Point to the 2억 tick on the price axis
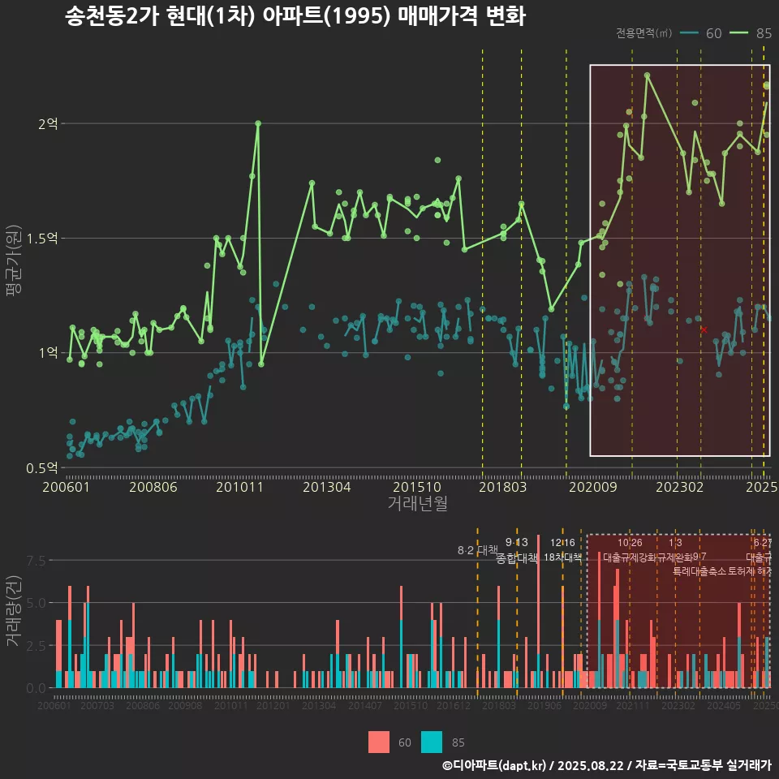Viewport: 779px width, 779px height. click(x=48, y=124)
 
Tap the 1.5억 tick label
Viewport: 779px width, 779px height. click(x=42, y=239)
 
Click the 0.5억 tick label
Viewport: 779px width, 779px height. click(x=42, y=468)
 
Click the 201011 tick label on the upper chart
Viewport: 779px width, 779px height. click(x=239, y=488)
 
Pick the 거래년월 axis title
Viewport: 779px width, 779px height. click(x=417, y=504)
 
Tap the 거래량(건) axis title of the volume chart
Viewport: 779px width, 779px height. click(x=14, y=613)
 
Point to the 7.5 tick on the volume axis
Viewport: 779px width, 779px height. click(x=37, y=561)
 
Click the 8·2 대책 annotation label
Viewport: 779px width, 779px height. click(x=478, y=550)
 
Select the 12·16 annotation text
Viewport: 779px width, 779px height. click(x=562, y=543)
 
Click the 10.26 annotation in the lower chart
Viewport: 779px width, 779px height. click(x=630, y=543)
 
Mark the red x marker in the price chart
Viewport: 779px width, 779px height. click(x=704, y=329)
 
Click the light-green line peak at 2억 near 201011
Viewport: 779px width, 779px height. click(x=258, y=123)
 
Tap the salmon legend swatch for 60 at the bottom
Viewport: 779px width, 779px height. click(x=379, y=742)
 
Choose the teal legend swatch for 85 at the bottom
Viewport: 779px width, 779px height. click(x=433, y=742)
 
